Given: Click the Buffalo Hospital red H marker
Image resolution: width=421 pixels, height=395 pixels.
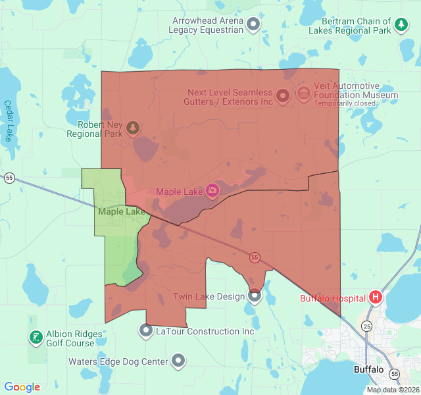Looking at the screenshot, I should (x=376, y=297).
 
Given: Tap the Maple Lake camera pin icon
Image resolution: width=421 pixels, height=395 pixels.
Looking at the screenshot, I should (x=212, y=192).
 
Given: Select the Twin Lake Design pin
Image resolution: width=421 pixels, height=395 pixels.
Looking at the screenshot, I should (x=255, y=296).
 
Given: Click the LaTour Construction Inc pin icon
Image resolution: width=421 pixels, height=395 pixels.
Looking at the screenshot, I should (x=146, y=330).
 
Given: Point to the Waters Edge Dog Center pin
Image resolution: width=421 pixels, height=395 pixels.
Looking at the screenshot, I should (x=178, y=361).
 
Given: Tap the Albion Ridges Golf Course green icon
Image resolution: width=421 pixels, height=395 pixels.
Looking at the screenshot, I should (x=35, y=338).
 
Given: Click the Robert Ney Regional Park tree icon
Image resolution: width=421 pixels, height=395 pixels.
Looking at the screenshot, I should (x=133, y=127).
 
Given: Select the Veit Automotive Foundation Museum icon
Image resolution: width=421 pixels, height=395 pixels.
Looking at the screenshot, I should (x=303, y=93).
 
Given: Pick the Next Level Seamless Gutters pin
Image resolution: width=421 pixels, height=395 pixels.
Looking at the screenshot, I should (x=283, y=97).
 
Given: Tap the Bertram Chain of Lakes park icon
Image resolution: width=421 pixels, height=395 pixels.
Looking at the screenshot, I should (x=401, y=26).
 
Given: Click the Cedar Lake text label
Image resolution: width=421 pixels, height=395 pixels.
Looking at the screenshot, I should (x=8, y=120).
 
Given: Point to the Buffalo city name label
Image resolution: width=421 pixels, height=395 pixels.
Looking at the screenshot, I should (x=368, y=369).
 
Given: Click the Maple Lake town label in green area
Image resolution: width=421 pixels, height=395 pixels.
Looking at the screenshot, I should (x=121, y=212).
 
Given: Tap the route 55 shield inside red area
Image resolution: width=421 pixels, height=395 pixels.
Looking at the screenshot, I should (x=255, y=257).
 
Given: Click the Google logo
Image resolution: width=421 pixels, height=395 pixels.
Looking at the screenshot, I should (x=22, y=387).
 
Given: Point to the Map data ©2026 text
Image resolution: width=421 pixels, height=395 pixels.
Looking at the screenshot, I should (x=392, y=390).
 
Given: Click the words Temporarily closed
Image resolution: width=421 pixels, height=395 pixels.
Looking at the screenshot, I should (x=345, y=103).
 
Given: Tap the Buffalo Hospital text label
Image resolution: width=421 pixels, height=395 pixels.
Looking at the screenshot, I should (x=333, y=298).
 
